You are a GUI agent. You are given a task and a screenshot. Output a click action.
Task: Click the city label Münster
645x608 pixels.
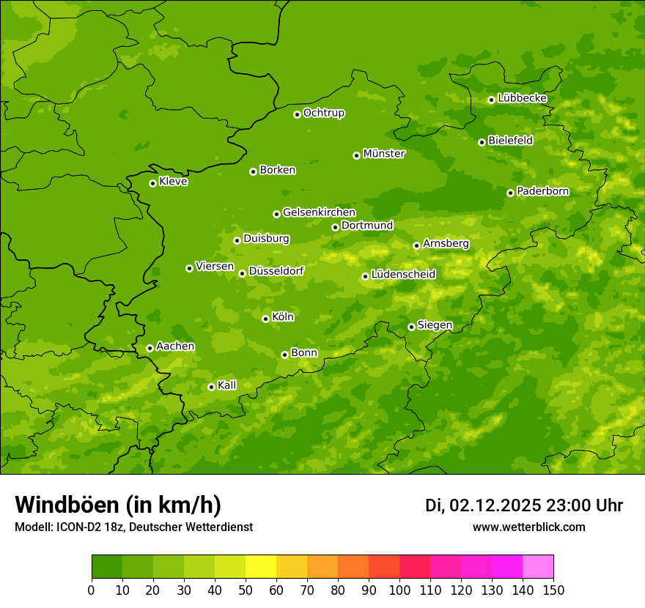(384, 154)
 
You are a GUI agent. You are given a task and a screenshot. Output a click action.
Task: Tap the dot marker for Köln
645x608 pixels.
(265, 319)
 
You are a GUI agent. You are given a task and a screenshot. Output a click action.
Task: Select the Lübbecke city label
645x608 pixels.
(522, 98)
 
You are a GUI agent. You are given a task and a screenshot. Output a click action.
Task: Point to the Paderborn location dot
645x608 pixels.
(510, 193)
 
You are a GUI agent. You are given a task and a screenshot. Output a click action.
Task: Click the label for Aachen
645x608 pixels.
(175, 346)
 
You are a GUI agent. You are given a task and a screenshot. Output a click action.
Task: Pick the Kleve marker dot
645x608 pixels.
(152, 183)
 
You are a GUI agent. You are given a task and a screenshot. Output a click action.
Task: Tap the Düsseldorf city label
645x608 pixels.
(276, 271)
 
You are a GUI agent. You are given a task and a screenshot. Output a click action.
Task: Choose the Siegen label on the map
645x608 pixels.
(435, 325)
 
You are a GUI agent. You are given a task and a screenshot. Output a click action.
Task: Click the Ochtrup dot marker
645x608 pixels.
(297, 114)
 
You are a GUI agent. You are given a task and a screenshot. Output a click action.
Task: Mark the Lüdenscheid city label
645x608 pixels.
(403, 275)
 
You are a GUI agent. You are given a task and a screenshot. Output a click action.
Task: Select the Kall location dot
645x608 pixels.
(211, 387)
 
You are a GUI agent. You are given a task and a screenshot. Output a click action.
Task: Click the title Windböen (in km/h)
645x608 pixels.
(118, 505)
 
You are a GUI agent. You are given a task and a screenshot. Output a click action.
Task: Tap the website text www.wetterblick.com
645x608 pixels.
(528, 527)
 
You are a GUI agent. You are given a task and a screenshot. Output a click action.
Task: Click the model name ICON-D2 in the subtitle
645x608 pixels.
(75, 527)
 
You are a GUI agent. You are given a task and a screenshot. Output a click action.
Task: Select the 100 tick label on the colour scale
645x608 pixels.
(399, 590)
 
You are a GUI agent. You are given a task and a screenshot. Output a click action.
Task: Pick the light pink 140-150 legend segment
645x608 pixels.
(538, 567)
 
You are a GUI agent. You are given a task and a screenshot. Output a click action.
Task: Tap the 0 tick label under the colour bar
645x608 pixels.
(92, 590)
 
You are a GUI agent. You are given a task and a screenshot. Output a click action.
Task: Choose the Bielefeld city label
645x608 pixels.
(510, 140)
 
